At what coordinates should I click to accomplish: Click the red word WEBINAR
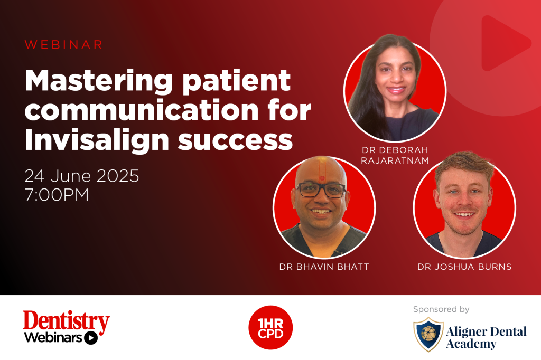[64, 44]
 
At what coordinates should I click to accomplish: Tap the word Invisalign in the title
[97, 140]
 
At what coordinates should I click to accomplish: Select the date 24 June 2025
[82, 176]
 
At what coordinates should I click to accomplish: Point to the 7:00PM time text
[57, 195]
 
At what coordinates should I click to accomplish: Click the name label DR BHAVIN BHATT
[324, 267]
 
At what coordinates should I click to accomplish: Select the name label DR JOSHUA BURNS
[464, 267]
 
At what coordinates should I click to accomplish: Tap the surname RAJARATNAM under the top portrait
[395, 160]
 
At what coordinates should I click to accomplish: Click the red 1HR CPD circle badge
[270, 328]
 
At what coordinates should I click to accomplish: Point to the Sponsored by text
[441, 309]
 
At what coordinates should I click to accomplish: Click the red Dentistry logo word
[66, 321]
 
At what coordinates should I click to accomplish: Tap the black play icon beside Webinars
[91, 338]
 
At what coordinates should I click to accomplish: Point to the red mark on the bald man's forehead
[322, 178]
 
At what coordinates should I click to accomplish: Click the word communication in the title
[142, 110]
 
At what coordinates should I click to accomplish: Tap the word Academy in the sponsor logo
[471, 344]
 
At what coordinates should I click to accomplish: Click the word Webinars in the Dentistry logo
[53, 338]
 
